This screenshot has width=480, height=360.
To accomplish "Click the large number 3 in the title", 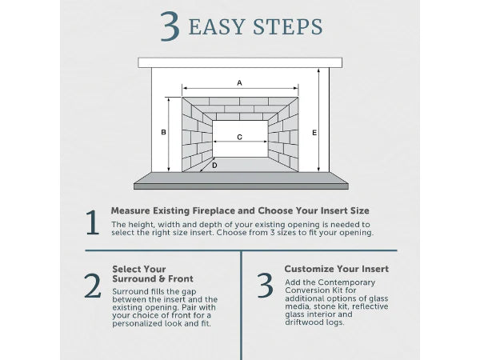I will [x=168, y=26].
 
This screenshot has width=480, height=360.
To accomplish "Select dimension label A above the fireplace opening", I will [x=239, y=82].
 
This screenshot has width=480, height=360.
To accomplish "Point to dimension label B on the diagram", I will [x=164, y=133].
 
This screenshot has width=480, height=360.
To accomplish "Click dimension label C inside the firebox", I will [x=239, y=138].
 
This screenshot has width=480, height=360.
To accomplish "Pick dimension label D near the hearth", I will [x=214, y=166].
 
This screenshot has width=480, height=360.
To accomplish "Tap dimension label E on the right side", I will [x=314, y=133].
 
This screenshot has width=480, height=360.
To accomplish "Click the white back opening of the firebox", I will [x=240, y=148].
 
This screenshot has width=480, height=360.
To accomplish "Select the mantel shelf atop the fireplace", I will [x=240, y=62].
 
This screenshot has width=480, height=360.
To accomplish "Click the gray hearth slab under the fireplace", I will [x=240, y=180].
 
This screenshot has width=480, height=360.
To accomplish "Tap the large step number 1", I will [x=93, y=224].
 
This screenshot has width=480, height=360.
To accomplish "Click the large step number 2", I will [x=93, y=286].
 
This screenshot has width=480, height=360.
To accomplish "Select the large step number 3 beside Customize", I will [x=265, y=286].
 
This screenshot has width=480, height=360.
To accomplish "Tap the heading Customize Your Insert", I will [x=336, y=269].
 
